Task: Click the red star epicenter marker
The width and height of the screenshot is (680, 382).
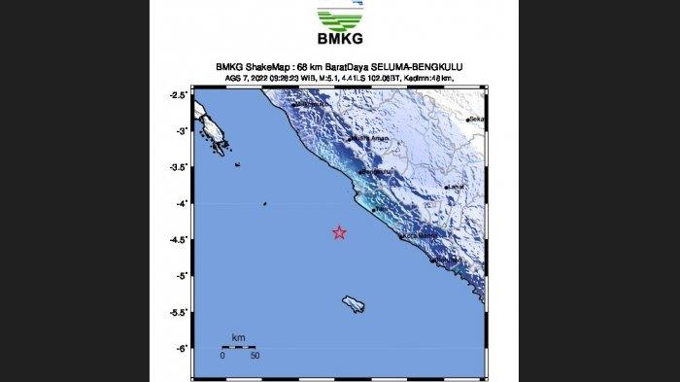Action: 339,232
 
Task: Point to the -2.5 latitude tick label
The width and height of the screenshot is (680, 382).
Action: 178,95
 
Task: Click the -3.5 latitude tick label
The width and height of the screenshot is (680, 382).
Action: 178,167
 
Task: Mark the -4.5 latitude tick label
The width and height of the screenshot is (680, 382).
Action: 178,240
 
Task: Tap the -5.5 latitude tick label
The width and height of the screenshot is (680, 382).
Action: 178,313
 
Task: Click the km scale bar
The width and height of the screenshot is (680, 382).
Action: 238,347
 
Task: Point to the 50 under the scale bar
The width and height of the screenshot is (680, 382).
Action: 255,357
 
